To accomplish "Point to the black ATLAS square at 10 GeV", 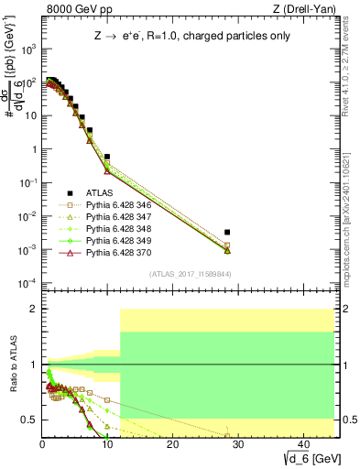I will click(107, 157).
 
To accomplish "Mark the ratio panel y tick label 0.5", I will click(29, 420).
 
